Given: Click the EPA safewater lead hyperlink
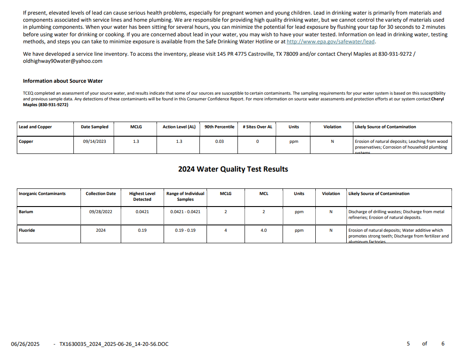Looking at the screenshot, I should [330, 42].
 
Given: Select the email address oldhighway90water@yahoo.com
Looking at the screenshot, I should [62, 61].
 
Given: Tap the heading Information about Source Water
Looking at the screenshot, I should [63, 81].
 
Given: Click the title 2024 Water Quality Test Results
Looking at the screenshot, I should [233, 169].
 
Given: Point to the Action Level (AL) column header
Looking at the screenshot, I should [179, 127].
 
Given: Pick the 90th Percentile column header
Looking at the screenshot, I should [219, 127].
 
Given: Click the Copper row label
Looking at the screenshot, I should [26, 142].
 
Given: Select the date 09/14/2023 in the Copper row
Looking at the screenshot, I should [94, 142].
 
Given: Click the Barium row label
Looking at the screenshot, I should [26, 212].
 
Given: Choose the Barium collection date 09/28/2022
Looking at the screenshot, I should [100, 212].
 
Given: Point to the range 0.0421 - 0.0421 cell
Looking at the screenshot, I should [185, 212].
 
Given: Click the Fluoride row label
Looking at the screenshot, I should [27, 230].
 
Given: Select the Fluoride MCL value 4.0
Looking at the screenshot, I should [264, 230].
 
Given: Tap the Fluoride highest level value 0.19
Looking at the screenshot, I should [142, 230].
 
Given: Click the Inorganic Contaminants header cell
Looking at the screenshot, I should [42, 194].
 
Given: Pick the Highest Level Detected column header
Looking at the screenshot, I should [142, 196].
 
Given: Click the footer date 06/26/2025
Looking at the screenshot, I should [25, 344].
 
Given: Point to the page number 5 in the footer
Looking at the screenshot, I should [408, 344].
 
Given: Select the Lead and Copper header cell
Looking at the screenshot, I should [35, 127].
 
